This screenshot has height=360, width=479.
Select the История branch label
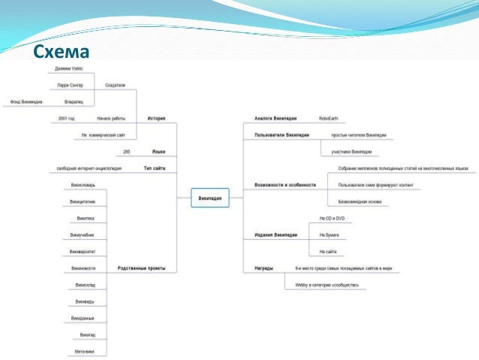(156, 119)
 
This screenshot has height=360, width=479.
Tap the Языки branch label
(158, 152)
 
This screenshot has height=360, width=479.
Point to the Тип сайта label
(154, 168)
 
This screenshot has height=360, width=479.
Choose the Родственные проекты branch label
(141, 268)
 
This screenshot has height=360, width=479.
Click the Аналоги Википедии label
(276, 119)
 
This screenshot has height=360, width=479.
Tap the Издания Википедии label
(276, 235)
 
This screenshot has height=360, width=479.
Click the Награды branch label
(264, 268)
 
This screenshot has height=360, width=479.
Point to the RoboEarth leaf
(328, 119)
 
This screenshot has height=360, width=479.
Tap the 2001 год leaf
(66, 119)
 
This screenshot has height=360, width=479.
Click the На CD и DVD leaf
(331, 218)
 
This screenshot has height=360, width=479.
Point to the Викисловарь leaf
(83, 185)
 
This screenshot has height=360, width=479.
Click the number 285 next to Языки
(126, 152)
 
